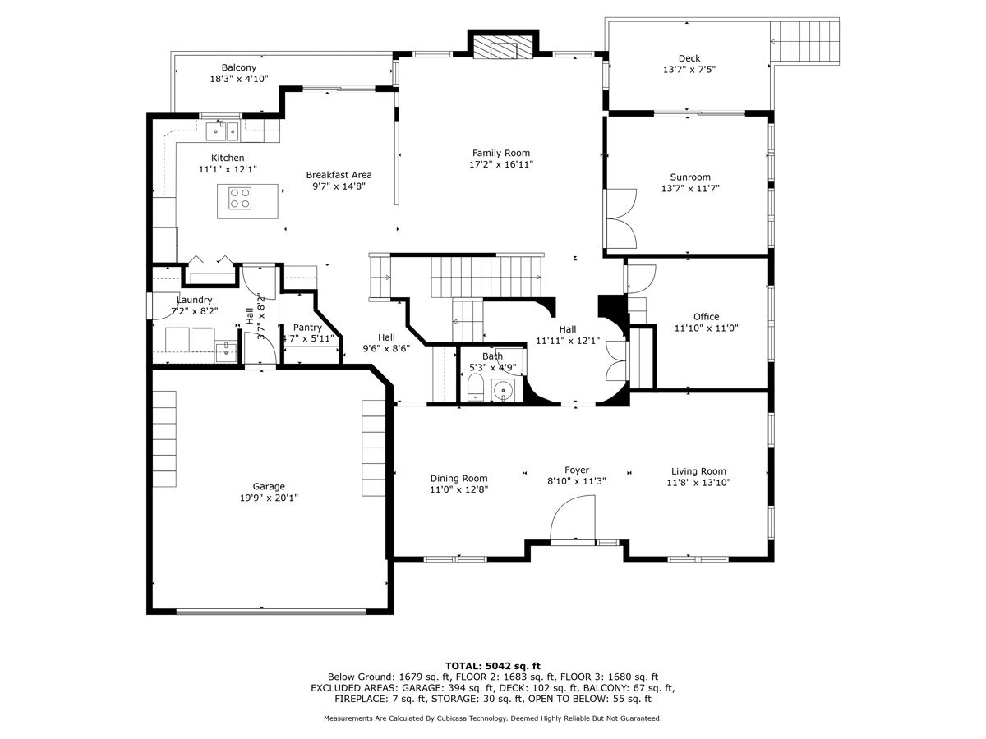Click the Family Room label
tap(500, 153)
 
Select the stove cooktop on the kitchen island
tap(240, 198)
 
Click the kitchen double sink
tap(222, 129)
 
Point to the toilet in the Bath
tap(476, 388)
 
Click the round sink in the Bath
tap(503, 390)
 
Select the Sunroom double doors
tap(621, 218)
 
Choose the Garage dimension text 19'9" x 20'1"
tap(269, 498)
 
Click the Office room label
tap(706, 317)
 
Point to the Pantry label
tap(307, 328)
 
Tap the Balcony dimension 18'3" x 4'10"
tap(239, 80)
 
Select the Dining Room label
tap(458, 479)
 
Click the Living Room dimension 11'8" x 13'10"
tap(698, 483)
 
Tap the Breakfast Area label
tap(339, 175)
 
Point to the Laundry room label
tap(194, 301)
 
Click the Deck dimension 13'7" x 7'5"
tap(689, 70)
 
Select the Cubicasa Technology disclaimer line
tap(493, 718)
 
